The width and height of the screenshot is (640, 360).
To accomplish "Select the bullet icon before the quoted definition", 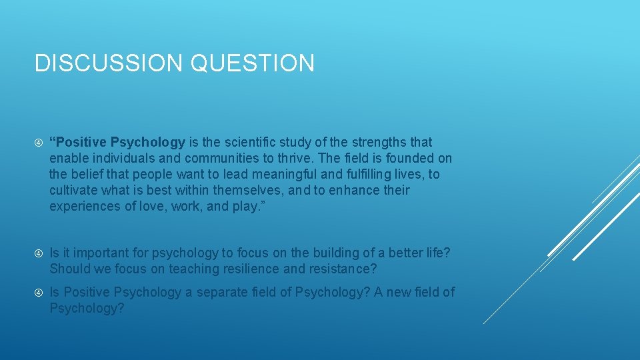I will (x=38, y=143).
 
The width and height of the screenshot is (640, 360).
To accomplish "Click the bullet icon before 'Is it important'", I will (x=38, y=253).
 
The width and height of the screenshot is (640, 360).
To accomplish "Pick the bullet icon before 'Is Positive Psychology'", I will (x=38, y=293).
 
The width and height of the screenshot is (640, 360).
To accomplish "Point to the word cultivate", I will (x=73, y=190).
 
